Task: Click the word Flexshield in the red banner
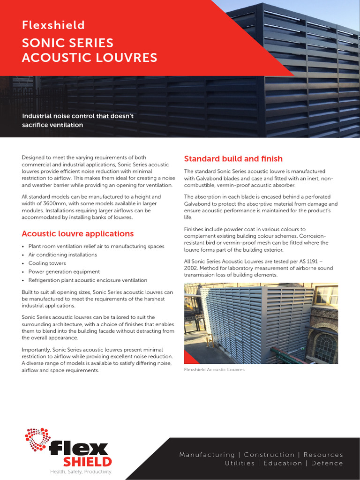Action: point(53,25)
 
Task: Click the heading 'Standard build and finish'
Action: point(233,159)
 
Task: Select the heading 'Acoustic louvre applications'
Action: point(77,233)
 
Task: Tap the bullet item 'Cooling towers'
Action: point(47,263)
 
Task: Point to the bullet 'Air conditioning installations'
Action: point(62,255)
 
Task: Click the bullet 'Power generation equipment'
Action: point(64,272)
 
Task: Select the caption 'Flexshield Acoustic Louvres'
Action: point(214,370)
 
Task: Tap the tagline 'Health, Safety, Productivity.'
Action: point(82,472)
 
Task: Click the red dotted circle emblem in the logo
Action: point(37,440)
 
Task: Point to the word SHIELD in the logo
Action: point(88,462)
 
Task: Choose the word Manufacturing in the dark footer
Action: point(207,455)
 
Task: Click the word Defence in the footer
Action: point(327,463)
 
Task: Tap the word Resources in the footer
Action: point(323,455)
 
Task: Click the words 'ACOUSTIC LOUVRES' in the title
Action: point(90,58)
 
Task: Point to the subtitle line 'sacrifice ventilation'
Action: point(52,125)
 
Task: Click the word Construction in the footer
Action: point(269,455)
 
